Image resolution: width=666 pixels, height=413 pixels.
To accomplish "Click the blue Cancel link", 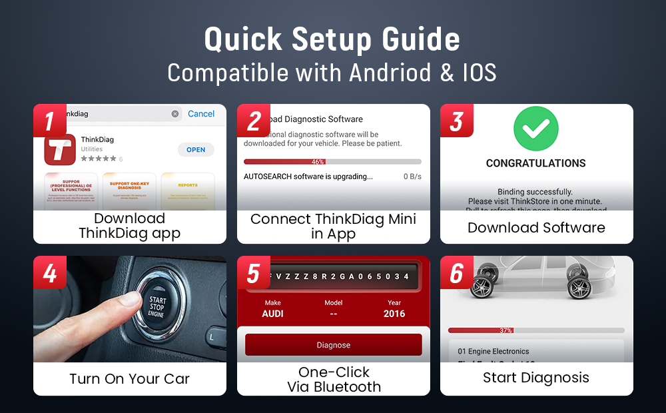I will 201,114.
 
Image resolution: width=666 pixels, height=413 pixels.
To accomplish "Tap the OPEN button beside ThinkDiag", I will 196,150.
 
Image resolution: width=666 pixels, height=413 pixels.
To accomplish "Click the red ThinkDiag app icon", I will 60,150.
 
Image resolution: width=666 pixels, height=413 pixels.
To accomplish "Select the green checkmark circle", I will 536,127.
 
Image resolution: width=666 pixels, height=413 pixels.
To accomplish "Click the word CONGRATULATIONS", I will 536,163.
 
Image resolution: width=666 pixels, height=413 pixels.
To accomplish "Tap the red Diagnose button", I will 334,345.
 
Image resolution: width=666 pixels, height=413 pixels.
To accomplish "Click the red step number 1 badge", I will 50,121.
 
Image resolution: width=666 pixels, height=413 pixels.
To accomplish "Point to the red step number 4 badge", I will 50,273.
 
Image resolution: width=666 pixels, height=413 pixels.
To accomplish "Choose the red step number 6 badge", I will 457,273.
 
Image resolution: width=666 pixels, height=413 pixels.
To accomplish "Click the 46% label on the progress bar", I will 318,162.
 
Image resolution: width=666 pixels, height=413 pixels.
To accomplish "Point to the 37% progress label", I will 505,330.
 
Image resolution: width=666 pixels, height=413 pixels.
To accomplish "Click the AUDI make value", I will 272,314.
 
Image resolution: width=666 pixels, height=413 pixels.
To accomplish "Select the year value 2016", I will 394,314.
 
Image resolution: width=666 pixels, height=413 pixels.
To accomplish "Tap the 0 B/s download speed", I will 412,177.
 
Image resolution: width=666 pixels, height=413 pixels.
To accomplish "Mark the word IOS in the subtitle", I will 480,73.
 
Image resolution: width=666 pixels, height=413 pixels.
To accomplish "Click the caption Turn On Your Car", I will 130,379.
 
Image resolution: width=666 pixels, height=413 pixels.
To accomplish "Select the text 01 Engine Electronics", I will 494,351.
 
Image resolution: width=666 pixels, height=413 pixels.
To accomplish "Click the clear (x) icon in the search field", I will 175,114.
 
